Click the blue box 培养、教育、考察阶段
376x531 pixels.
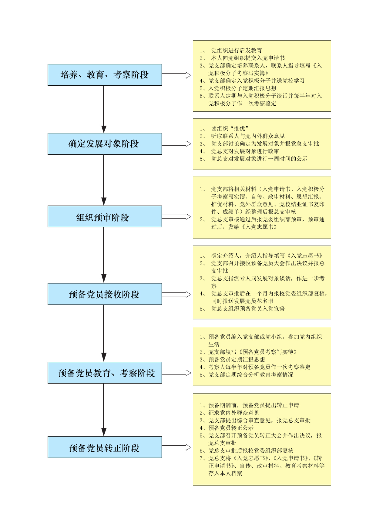tap(105, 75)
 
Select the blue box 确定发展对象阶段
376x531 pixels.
tap(105, 144)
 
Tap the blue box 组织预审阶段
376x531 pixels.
tap(105, 216)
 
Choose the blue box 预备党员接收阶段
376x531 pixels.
tap(105, 294)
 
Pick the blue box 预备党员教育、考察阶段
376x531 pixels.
tap(105, 373)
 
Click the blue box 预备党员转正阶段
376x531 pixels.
tap(105, 447)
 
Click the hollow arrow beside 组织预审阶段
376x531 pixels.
tap(176, 217)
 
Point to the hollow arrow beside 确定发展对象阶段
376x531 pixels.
tap(176, 144)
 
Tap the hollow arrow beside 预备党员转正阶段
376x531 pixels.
tap(176, 447)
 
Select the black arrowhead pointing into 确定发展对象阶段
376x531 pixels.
tap(104, 129)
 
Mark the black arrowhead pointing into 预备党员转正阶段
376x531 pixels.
tap(104, 432)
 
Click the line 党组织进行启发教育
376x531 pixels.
tap(237, 50)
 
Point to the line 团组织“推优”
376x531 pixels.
tap(230, 128)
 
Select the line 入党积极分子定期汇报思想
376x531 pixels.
tap(242, 88)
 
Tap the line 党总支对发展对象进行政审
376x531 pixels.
tap(245, 151)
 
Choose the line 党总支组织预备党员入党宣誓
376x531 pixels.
tap(248, 308)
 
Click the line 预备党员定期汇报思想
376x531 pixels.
tap(237, 359)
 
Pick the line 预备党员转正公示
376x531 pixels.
tap(231, 428)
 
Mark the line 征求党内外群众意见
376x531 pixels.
tap(234, 413)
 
